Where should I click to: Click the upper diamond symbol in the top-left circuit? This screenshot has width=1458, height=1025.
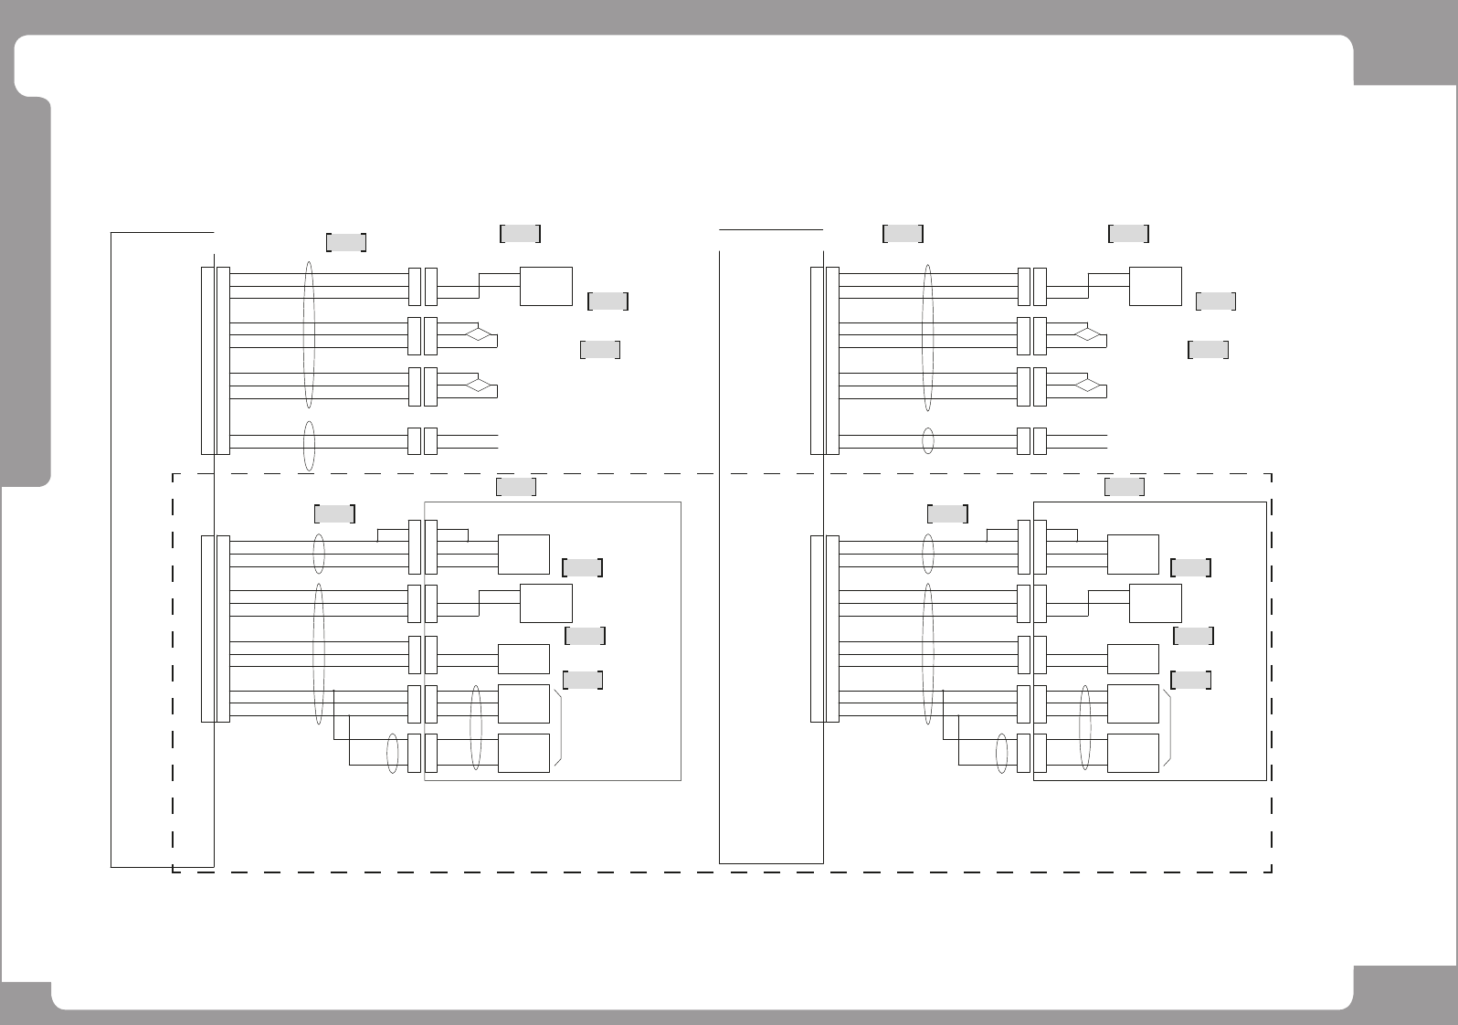[479, 333]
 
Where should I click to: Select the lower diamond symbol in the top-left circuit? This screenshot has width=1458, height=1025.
[479, 385]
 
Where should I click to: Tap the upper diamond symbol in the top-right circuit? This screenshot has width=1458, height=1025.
[1087, 333]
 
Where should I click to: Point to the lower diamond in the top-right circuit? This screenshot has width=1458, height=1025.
[1087, 385]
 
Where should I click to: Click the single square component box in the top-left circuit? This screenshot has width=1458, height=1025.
[546, 286]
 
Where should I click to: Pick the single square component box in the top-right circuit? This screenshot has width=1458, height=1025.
[1156, 286]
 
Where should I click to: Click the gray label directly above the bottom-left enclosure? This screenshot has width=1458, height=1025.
[516, 487]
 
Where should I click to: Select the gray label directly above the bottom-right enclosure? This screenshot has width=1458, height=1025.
[1125, 487]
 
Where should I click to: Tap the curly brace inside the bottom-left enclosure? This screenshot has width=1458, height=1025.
[558, 728]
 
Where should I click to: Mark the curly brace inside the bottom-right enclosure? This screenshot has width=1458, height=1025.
[1167, 728]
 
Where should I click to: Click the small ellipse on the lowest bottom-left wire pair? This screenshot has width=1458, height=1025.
[393, 754]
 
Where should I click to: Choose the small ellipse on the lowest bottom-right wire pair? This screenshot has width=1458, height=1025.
[1002, 754]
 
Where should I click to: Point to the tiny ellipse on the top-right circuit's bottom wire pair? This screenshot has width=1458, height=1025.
[928, 441]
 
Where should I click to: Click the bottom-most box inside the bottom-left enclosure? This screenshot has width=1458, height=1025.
[523, 753]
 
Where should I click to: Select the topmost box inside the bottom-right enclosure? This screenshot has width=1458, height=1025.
[1133, 555]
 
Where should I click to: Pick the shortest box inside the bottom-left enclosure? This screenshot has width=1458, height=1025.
[523, 659]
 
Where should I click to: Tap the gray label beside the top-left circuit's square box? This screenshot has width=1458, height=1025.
[608, 301]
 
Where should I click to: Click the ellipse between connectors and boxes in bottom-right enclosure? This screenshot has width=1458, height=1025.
[1085, 727]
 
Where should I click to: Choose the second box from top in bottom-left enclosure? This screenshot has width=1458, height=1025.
[546, 603]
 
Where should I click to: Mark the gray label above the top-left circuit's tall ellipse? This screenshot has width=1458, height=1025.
[346, 242]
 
